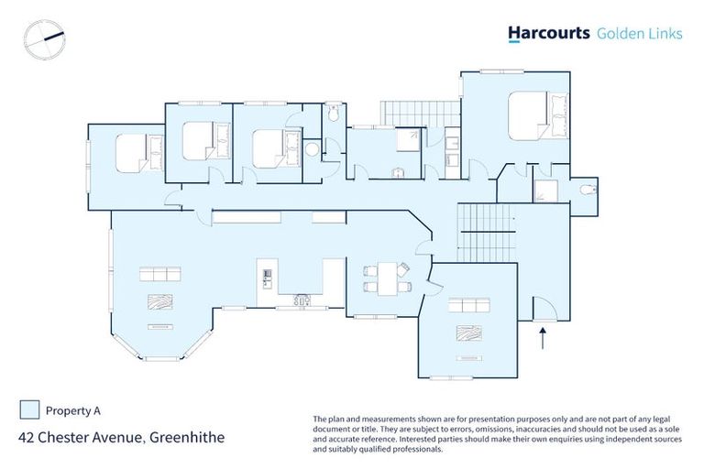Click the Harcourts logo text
548,34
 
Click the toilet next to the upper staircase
335,115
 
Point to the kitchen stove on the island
267,274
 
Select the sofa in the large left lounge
159,274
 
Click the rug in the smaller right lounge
468,333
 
